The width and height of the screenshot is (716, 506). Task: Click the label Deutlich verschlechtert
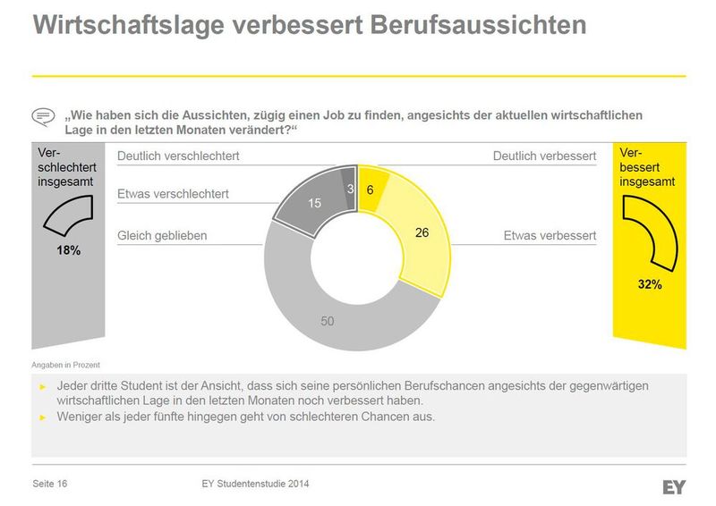(x=178, y=156)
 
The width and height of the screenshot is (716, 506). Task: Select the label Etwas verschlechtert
(x=173, y=193)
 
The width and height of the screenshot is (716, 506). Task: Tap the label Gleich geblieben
(x=162, y=236)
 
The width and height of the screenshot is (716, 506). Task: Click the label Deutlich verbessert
(x=544, y=156)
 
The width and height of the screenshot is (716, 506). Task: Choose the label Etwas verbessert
(x=550, y=236)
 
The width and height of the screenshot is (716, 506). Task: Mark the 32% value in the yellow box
(x=650, y=284)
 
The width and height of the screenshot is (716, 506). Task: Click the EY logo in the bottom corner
(x=674, y=487)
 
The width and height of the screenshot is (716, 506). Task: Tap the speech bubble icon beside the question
(x=43, y=117)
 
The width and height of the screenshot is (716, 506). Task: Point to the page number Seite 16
(x=50, y=485)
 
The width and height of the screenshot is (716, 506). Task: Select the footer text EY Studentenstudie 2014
(x=256, y=485)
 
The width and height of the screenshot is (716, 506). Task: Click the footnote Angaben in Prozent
(x=65, y=365)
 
